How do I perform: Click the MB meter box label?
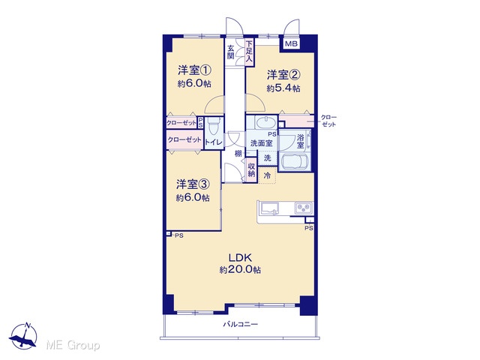[291, 44]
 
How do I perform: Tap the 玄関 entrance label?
[231, 52]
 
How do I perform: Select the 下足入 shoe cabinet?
[250, 52]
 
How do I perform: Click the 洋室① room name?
[194, 70]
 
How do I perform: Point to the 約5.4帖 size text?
[283, 88]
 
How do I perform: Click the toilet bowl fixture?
[212, 126]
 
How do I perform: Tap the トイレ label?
[214, 142]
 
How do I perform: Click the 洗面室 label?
[261, 143]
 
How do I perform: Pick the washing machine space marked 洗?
[267, 158]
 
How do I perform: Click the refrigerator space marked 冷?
[267, 175]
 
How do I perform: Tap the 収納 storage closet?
[252, 170]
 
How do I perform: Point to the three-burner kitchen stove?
[304, 208]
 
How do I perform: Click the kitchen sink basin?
[269, 208]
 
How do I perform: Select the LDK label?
[240, 256]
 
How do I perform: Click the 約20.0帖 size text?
[240, 270]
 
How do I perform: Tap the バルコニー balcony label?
[240, 324]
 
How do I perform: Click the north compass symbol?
[24, 336]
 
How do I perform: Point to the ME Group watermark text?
[73, 345]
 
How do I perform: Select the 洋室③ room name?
[193, 184]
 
